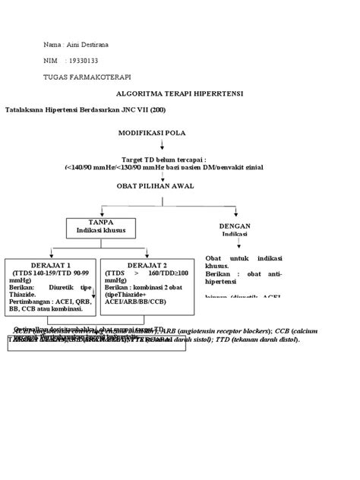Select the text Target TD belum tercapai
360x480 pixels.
163,159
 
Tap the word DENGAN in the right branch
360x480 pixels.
233,226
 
